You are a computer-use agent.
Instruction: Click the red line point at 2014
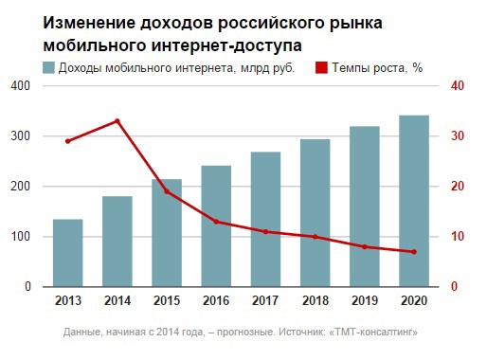(x=117, y=120)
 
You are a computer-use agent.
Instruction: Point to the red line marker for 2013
(x=67, y=141)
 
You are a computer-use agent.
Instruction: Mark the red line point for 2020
(x=413, y=252)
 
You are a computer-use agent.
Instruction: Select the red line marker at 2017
(x=265, y=231)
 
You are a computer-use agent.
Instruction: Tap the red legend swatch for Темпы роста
(x=320, y=67)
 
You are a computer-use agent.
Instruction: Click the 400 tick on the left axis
(x=21, y=86)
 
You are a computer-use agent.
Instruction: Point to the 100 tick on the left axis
(x=21, y=237)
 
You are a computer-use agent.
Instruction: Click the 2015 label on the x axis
(x=166, y=302)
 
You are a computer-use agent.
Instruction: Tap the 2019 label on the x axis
(x=364, y=302)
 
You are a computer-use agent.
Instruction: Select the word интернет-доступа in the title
(x=231, y=45)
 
